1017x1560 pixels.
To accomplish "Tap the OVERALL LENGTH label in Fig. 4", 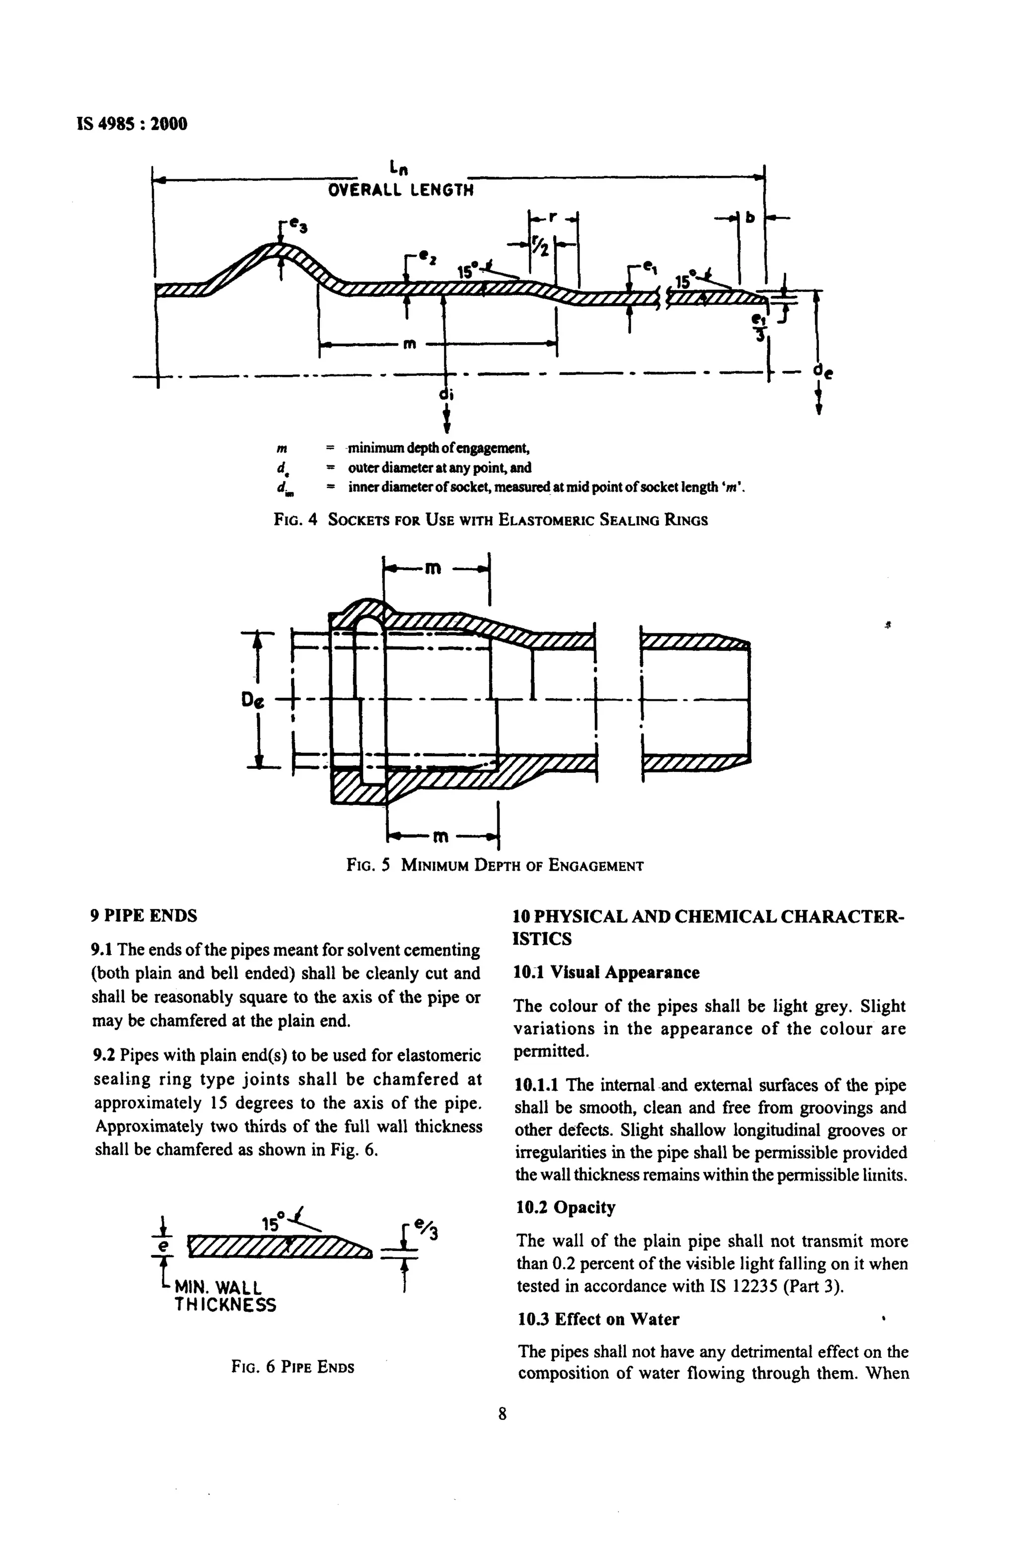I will click(x=400, y=191).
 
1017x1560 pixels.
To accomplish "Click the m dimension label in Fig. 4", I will click(x=410, y=344).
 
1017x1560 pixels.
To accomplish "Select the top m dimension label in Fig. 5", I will click(x=432, y=568).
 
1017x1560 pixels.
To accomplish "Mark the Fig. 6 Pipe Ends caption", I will click(x=292, y=1367).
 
